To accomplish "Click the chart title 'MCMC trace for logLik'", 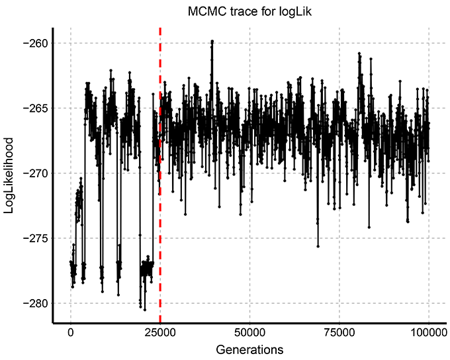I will tap(247, 11).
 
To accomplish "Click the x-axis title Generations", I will tap(249, 348).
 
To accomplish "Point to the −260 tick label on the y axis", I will tap(34, 44).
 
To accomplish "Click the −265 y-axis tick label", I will tap(34, 109).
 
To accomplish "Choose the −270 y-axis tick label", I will tap(34, 173).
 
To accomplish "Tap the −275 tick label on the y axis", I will tap(34, 238).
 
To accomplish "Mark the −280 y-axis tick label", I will tap(34, 303).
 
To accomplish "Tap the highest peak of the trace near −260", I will tap(212, 41).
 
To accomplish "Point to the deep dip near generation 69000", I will tap(318, 246).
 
